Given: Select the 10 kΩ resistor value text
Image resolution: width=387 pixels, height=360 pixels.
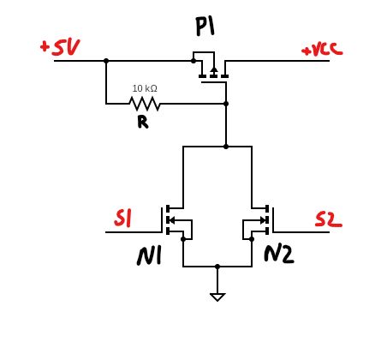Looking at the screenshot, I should tap(145, 88).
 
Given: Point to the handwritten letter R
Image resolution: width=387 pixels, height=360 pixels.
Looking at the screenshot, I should tap(142, 122).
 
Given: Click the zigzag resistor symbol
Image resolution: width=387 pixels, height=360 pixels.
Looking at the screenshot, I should tap(144, 104).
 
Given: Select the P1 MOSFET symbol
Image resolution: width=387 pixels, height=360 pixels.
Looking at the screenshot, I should tap(211, 68).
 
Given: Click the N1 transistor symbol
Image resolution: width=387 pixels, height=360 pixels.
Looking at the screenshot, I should tap(176, 221).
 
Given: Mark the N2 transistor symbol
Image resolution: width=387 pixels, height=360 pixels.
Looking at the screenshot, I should tap(259, 221).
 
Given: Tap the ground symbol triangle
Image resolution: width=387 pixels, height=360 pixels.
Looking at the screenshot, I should tap(217, 297).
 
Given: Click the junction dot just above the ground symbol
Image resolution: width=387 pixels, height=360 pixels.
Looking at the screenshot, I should tap(217, 267).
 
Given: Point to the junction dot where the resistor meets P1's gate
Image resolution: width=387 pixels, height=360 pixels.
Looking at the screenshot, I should tap(225, 104).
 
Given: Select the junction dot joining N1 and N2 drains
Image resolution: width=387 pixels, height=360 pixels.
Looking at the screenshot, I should tap(225, 147).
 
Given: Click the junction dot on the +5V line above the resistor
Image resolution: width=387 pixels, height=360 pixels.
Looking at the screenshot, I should tap(106, 61).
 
